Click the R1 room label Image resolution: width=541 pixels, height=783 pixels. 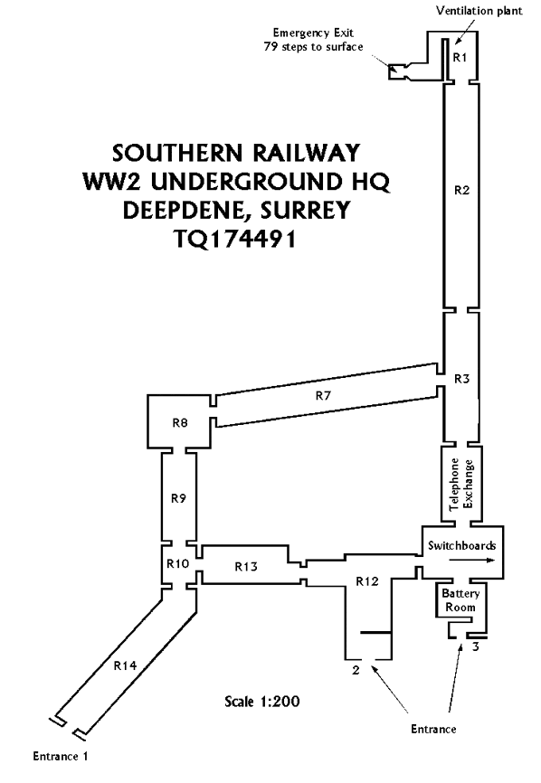click(x=460, y=58)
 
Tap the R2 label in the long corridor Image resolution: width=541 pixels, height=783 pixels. click(x=462, y=190)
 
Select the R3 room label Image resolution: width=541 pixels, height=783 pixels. click(x=462, y=379)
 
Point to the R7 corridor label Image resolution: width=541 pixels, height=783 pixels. click(x=323, y=395)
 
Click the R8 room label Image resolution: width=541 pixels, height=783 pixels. click(x=180, y=423)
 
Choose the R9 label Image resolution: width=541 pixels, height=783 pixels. click(x=178, y=498)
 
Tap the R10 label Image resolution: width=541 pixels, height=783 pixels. click(x=178, y=564)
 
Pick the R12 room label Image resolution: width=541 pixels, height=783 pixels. click(x=367, y=581)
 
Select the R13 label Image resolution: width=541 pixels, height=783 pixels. click(x=246, y=566)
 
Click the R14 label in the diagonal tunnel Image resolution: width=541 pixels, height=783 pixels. click(x=125, y=665)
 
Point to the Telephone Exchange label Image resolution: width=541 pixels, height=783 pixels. click(x=461, y=484)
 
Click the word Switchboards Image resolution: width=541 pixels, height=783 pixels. click(x=462, y=545)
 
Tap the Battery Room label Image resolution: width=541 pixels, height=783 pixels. click(x=460, y=600)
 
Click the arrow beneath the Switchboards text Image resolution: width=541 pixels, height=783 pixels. click(x=472, y=561)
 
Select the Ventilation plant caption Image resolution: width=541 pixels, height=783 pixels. click(x=479, y=11)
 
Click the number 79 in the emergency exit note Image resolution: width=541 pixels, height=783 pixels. click(x=270, y=47)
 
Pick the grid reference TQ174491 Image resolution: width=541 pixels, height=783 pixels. click(x=235, y=239)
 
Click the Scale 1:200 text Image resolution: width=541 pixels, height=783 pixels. click(x=262, y=701)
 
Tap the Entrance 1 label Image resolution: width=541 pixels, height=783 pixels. click(x=61, y=756)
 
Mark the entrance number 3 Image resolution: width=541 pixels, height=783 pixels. click(x=476, y=647)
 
